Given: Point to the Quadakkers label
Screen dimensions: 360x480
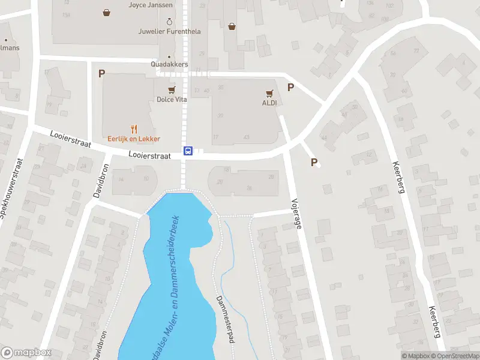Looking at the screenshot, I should coord(170,64).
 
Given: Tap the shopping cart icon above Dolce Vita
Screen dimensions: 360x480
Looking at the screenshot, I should coord(172,89).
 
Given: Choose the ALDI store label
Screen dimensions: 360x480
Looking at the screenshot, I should coord(269,103).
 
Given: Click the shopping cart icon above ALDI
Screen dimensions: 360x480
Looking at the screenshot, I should coord(269,93).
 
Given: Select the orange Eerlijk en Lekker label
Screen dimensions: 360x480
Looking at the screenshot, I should coord(134,139).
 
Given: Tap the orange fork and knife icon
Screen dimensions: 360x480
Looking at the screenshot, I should coord(134,128).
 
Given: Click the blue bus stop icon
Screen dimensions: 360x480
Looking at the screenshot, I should coord(188,151).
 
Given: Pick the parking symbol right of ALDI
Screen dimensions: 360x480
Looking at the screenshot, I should coord(291,87).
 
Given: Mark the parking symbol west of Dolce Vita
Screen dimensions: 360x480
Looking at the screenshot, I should coord(101,73).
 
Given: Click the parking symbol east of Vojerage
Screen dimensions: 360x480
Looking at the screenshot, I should coord(314,162).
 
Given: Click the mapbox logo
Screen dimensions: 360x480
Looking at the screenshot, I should coord(26,353).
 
